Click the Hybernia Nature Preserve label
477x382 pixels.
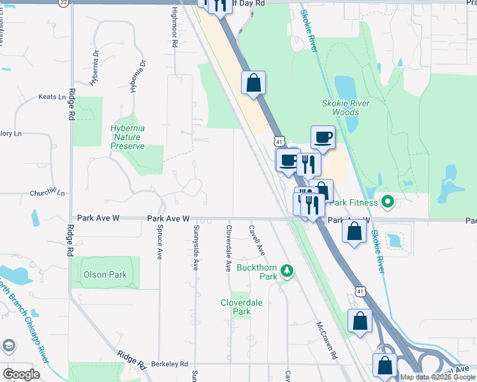pos(128,137)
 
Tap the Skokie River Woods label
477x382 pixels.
pos(346,108)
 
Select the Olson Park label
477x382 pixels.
pos(105,275)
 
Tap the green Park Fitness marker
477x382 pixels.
pos(387,202)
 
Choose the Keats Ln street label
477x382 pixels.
pos(52,97)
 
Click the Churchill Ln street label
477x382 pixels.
pos(47,192)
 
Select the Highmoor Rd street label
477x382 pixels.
pos(173,29)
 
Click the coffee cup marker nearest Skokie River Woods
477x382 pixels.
pos(323,136)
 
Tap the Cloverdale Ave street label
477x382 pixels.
pos(228,248)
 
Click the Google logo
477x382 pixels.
pos(21,374)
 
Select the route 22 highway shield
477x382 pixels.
pos(62,3)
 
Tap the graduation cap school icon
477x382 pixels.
pos(9,346)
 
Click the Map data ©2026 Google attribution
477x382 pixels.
pos(438,377)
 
